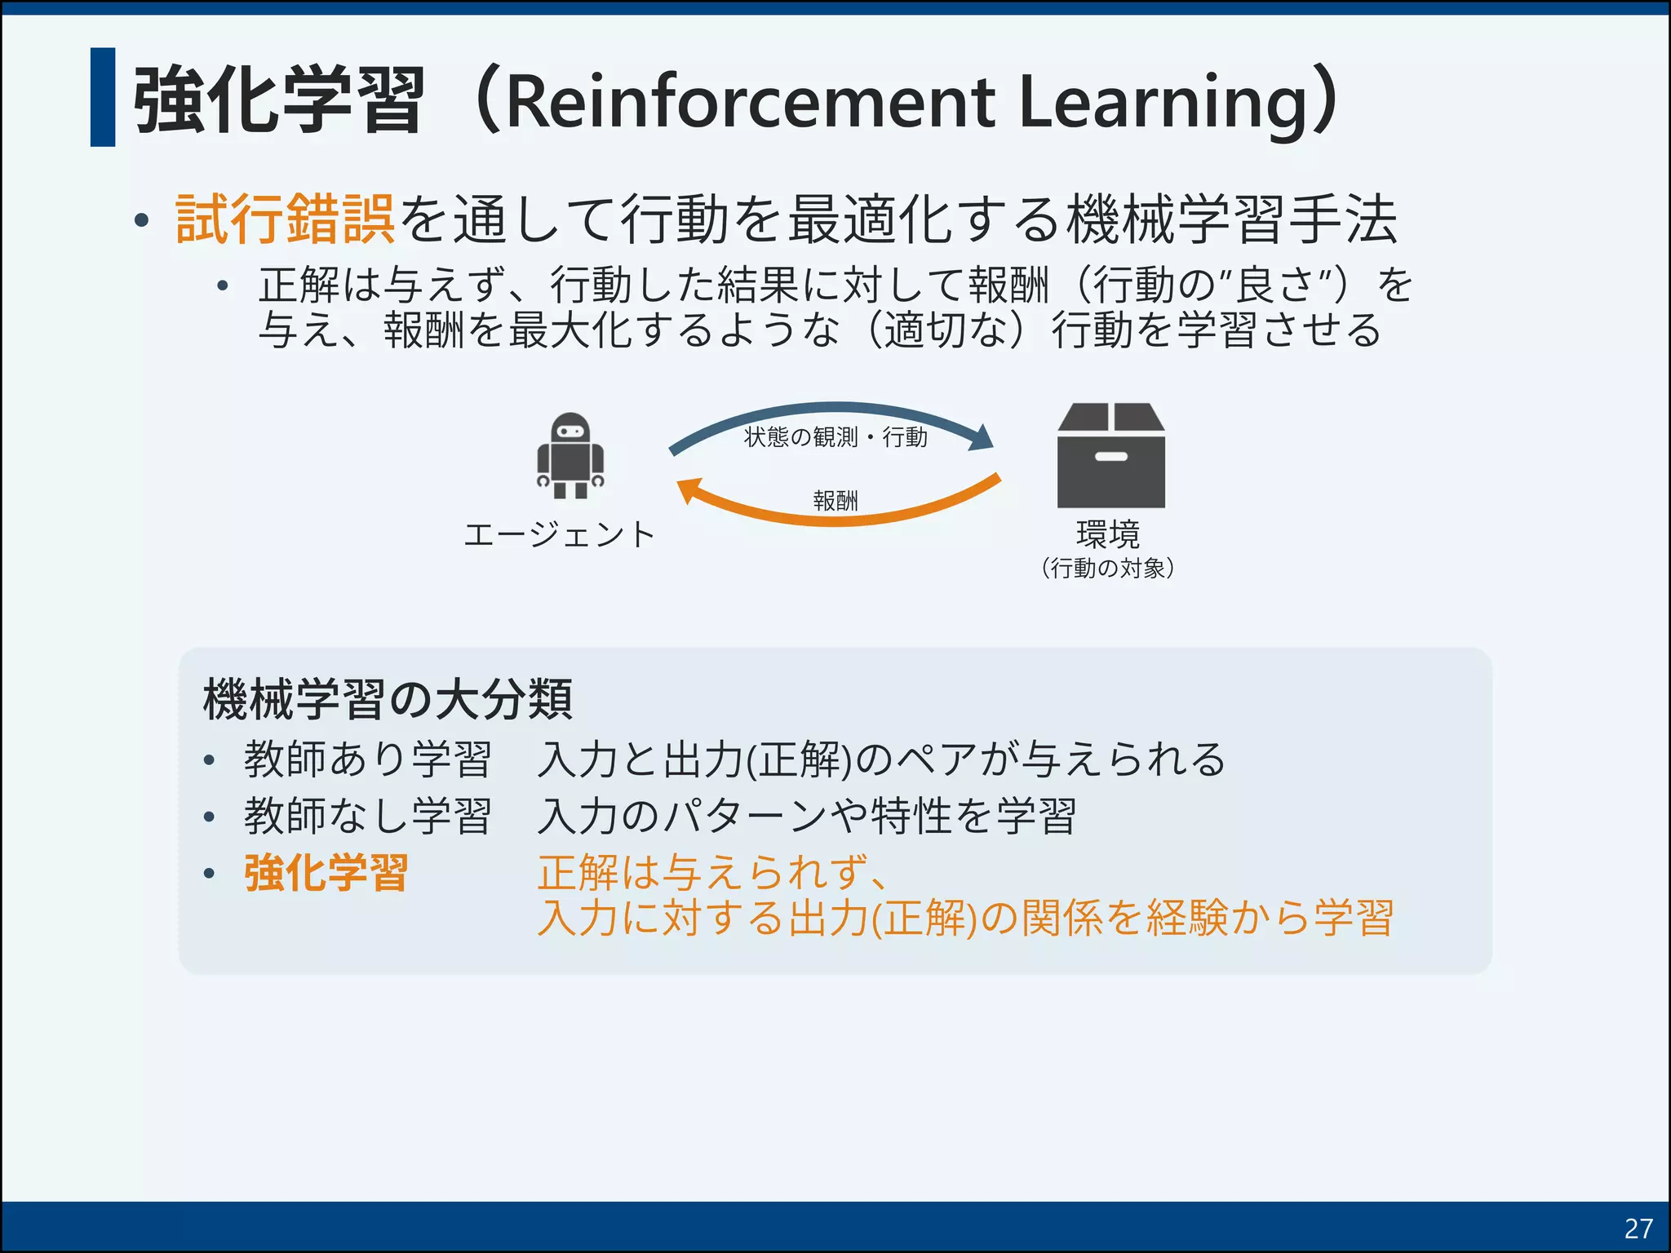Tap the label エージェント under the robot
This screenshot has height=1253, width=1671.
pos(559,534)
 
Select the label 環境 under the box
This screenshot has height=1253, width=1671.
pos(1107,534)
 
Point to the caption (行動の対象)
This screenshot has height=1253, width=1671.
pos(1107,568)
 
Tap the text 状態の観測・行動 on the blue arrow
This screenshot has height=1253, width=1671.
pos(835,437)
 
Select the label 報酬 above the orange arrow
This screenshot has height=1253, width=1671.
pos(835,500)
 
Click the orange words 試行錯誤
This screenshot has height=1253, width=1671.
pos(286,219)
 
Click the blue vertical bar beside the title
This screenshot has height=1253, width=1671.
pos(103,97)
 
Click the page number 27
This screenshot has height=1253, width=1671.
pos(1638,1228)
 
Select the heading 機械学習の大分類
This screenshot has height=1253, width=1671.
pos(388,699)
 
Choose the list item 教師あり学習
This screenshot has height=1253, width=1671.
pos(367,759)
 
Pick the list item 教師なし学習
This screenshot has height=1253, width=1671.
pos(367,816)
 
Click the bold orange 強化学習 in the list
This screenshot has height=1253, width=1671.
pos(326,873)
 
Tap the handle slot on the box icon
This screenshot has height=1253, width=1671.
pos(1110,457)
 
